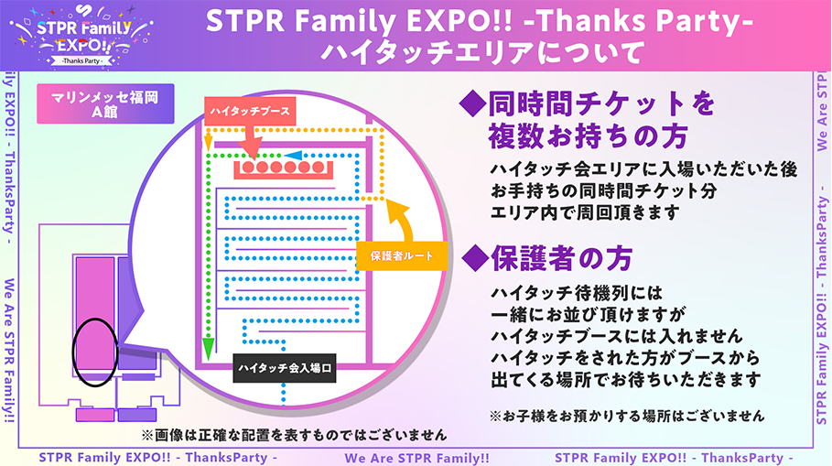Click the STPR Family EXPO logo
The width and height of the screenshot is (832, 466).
[82, 36]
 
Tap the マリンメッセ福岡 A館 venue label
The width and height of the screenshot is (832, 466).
[105, 104]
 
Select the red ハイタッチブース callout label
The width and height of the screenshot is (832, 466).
[250, 111]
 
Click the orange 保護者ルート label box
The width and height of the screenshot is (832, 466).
[402, 255]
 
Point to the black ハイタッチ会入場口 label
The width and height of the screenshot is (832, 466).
[285, 368]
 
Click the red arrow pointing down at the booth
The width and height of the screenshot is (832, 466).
[251, 142]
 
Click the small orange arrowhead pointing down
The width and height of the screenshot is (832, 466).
[209, 142]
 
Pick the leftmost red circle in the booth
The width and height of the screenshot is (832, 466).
[248, 168]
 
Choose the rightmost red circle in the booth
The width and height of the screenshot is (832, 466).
[318, 168]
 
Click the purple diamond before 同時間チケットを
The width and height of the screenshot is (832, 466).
[473, 104]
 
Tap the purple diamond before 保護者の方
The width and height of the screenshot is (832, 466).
[475, 259]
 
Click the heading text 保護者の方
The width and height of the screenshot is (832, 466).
[561, 258]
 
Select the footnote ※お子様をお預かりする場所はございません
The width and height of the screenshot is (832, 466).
[627, 416]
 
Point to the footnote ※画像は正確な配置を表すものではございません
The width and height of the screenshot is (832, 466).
[294, 435]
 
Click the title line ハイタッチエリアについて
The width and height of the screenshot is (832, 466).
[483, 53]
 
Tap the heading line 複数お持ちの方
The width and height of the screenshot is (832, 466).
[588, 135]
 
